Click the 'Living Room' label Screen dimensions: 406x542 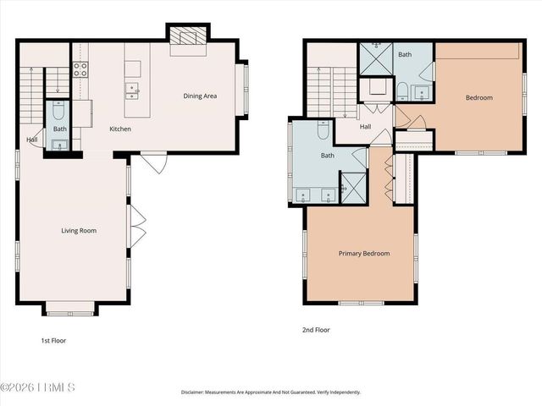[x=78, y=230]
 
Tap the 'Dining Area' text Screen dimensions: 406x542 [x=200, y=96]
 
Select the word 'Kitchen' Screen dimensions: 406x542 [x=120, y=129]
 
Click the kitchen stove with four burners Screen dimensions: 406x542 [x=81, y=69]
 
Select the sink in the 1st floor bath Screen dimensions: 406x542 [x=59, y=145]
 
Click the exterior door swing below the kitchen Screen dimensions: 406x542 [x=153, y=162]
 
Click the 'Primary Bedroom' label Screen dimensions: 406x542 [x=364, y=253]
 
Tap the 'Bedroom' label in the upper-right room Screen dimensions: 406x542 [x=478, y=97]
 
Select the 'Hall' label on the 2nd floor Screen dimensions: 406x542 [x=365, y=127]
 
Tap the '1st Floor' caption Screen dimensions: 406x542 [x=53, y=341]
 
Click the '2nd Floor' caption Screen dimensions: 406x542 [x=316, y=330]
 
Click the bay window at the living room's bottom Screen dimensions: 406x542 [x=69, y=308]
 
